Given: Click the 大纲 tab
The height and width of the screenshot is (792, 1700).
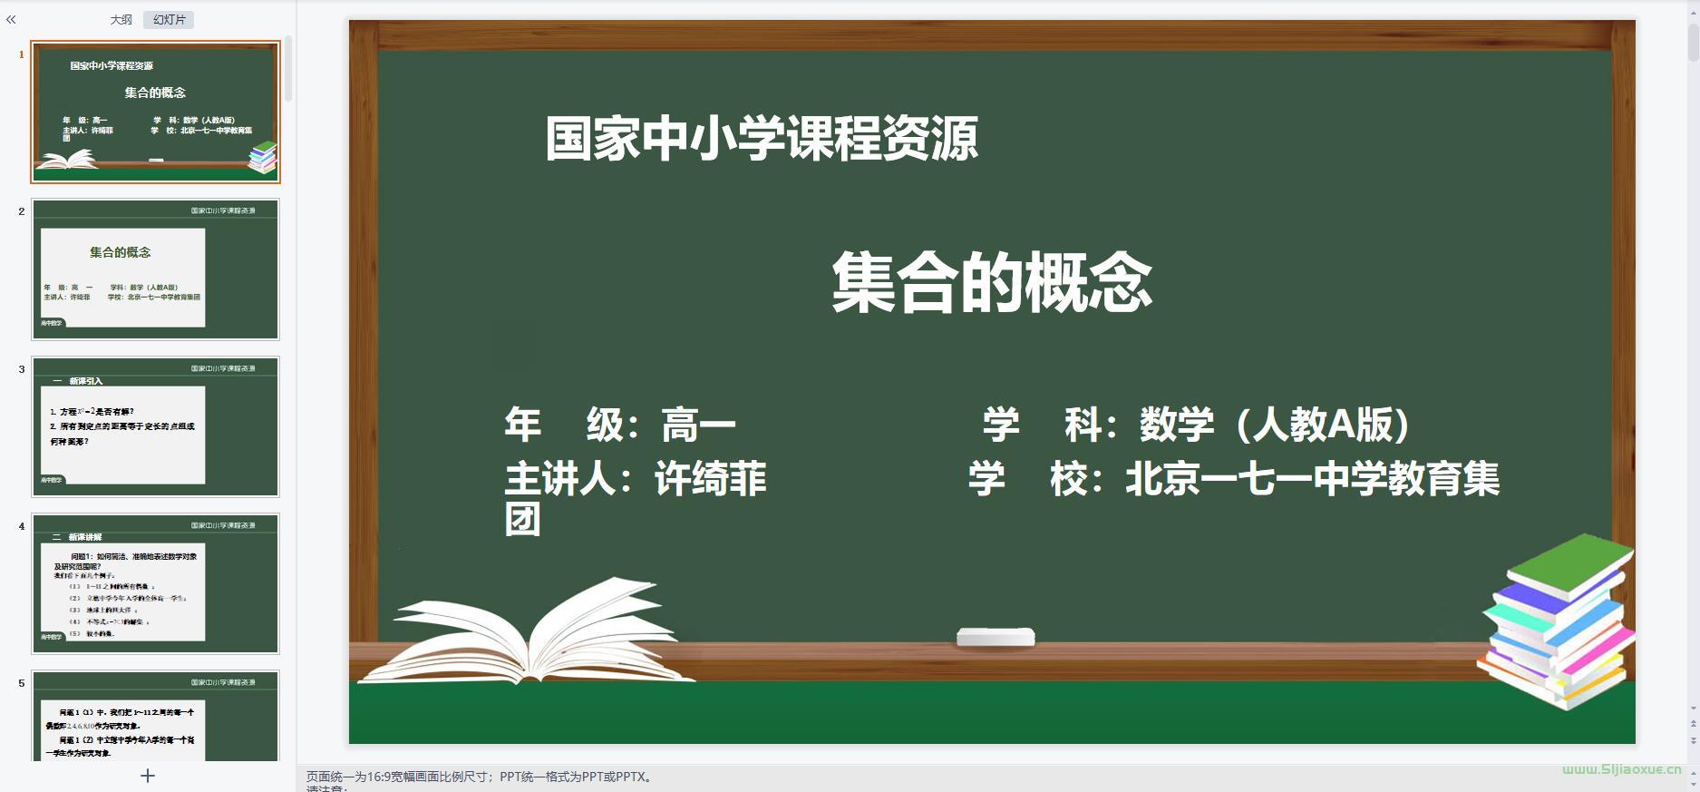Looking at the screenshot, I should (x=121, y=20).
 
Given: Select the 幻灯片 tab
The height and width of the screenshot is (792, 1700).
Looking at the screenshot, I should (x=169, y=20).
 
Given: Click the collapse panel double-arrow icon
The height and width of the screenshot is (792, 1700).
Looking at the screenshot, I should (x=11, y=19).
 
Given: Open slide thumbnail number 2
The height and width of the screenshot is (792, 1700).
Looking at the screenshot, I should (x=155, y=269).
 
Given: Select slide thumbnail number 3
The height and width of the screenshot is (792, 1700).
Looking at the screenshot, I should (x=155, y=426).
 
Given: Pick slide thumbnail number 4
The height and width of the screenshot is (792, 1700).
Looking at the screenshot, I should (x=155, y=583).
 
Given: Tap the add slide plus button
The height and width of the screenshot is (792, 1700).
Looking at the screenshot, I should (x=148, y=776).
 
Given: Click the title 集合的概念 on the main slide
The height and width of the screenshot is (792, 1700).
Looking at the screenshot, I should (x=992, y=283).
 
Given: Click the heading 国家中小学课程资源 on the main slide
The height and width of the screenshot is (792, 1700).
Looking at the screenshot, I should (x=762, y=139).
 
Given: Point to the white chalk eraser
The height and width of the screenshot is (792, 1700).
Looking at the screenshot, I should (x=996, y=637).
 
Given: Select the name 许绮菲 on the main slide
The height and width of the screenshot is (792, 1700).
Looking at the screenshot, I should (x=711, y=479).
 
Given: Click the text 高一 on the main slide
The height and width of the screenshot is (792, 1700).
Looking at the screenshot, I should (x=698, y=425).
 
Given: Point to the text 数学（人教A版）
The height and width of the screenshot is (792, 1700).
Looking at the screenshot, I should (x=1275, y=425).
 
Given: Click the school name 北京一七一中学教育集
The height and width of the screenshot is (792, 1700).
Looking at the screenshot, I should (x=1312, y=479).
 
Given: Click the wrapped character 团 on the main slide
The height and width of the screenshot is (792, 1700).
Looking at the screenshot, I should (x=522, y=520).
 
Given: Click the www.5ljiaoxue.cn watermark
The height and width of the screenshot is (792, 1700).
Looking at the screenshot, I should (x=1621, y=769).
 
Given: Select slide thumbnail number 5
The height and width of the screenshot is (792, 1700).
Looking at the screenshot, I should (x=155, y=717).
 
